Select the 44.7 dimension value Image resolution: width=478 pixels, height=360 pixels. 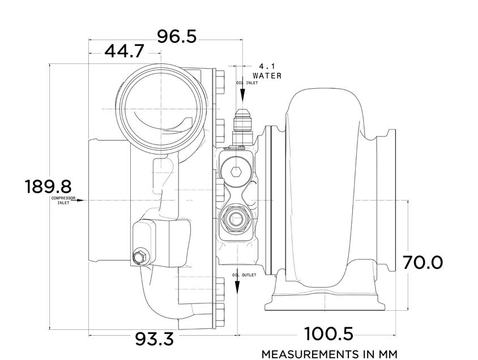(124, 52)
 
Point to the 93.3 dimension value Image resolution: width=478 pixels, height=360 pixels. (154, 339)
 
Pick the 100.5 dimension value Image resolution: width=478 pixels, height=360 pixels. (328, 333)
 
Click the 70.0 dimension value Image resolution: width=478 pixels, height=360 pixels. (422, 262)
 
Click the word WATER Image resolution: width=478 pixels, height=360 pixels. (267, 75)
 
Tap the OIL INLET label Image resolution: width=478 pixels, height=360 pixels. (247, 83)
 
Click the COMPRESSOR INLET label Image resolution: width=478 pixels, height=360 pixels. (63, 200)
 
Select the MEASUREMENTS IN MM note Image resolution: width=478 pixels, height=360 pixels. (329, 354)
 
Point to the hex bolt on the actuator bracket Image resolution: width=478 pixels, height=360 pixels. (139, 258)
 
